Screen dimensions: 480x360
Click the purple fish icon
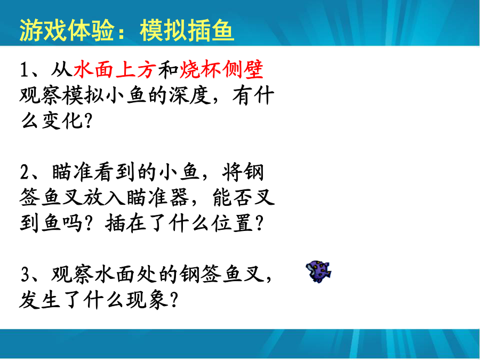click(x=318, y=271)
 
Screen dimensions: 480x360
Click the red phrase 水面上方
click(x=115, y=69)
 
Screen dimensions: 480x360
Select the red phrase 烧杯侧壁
click(x=221, y=69)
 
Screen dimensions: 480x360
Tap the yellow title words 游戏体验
click(x=67, y=30)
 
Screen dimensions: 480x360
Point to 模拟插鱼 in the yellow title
click(x=187, y=30)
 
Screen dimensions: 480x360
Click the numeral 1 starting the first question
click(x=24, y=69)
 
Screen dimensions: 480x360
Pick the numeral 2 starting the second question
click(x=25, y=172)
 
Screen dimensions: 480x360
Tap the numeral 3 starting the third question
click(x=25, y=274)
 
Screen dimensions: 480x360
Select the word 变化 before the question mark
click(x=62, y=121)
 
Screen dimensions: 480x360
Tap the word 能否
click(x=233, y=197)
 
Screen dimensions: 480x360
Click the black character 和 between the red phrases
click(x=168, y=69)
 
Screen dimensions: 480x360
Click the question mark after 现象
click(x=174, y=300)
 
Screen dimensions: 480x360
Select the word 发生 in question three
click(x=40, y=299)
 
